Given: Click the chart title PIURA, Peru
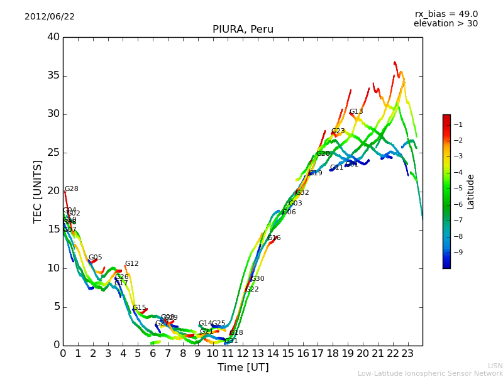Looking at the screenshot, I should pos(243,30).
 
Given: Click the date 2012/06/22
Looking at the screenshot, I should pos(50,17).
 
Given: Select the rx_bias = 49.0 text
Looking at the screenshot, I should pos(446,14).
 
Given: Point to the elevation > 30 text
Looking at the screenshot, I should pos(445,24).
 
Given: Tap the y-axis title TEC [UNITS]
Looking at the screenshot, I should pos(38,191).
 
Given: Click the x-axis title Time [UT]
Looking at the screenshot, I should pos(243,368).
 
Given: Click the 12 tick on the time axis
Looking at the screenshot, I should pos(243,354).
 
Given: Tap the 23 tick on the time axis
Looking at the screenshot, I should pos(407,354).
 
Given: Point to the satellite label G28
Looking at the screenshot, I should pos(72,189).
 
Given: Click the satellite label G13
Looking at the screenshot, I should pos(356,112).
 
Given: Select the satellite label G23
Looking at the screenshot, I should pos(338,131).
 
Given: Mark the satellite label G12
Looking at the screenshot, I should pos(131,264).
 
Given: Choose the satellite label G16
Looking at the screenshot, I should pos(274,238).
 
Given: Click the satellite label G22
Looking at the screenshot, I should pos(251,290).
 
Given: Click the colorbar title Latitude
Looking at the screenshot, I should pos(471,192).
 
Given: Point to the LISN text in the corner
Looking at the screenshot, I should pos(495,366).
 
